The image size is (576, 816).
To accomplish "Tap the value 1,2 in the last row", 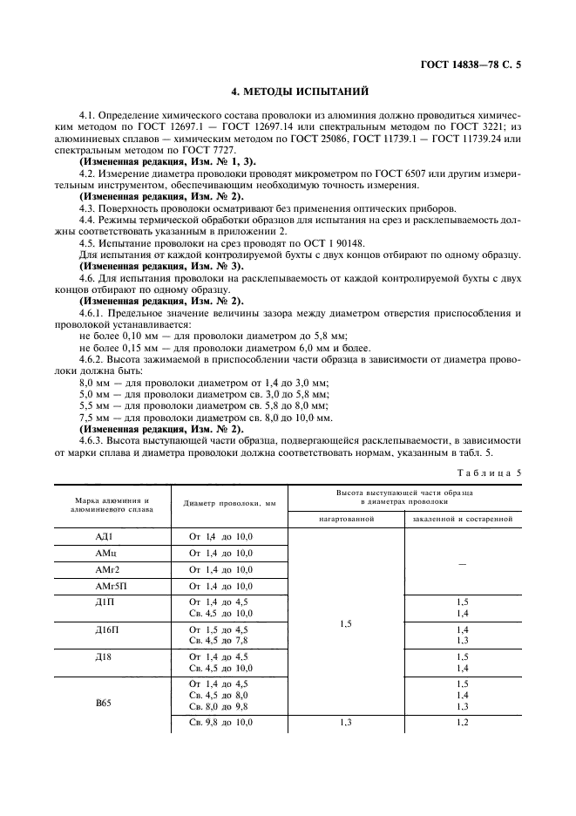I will tap(462, 724).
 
